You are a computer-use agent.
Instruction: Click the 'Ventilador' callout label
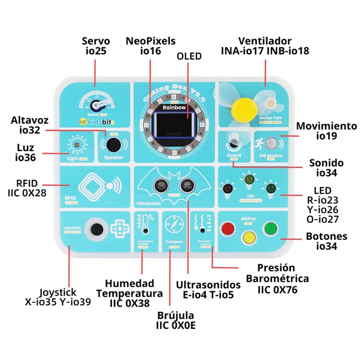[265, 41]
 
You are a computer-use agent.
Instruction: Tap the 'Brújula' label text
[175, 315]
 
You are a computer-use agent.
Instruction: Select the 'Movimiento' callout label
[326, 126]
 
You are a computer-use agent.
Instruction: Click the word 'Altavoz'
[29, 120]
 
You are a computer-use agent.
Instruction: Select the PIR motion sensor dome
[271, 143]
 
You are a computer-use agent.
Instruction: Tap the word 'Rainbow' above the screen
[174, 107]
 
